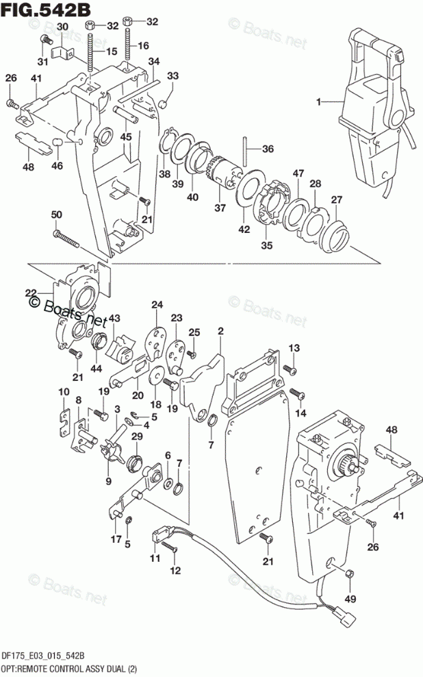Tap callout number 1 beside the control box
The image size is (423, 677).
[318, 102]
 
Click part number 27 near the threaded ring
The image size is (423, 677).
[337, 199]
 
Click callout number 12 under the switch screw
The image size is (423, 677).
[176, 571]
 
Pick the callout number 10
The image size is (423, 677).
[64, 391]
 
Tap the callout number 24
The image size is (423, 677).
[157, 305]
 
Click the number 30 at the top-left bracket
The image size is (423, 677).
[62, 26]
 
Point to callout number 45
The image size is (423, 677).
[126, 136]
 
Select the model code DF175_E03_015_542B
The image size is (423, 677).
[43, 656]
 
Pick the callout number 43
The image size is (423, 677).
[114, 318]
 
